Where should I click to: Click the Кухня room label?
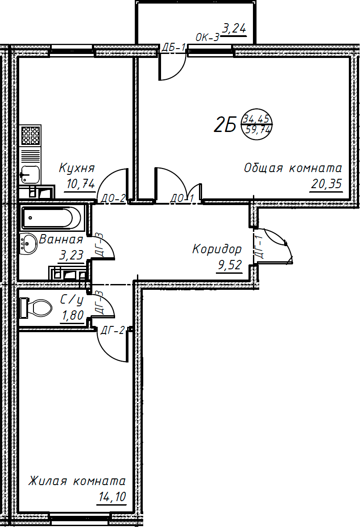coord(77,169)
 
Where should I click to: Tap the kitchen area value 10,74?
coord(80,183)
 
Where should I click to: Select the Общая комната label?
coord(293,169)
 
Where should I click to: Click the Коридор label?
coord(217,249)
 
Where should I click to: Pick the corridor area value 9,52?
coord(229,266)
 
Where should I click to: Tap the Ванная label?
coord(61,240)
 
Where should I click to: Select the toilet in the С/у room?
coord(36,308)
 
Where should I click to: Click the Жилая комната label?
coord(77,482)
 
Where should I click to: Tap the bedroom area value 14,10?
coord(111,497)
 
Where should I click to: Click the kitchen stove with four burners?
coord(31,136)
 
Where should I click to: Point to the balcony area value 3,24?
coord(234,29)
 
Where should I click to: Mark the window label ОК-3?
coord(207,38)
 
